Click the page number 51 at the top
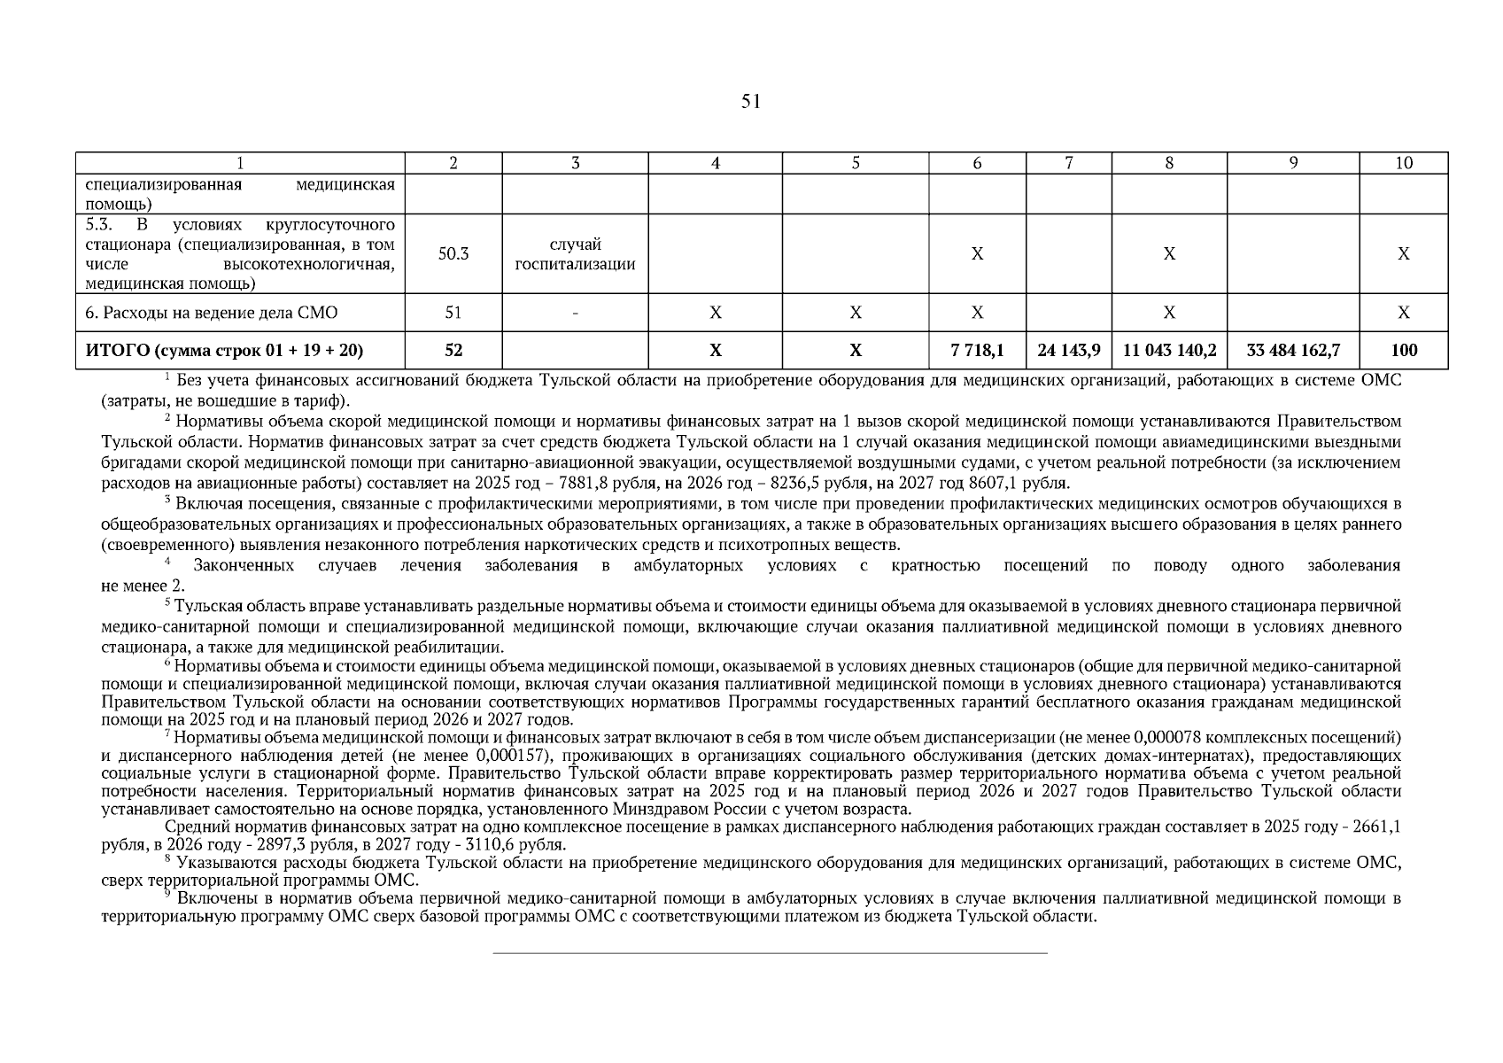(x=750, y=102)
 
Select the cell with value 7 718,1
(x=977, y=351)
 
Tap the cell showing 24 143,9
(x=1068, y=351)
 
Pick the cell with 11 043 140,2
(x=1169, y=351)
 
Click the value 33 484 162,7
(x=1292, y=351)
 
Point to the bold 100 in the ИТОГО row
(x=1404, y=351)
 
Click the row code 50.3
(x=453, y=254)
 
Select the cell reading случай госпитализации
(x=575, y=254)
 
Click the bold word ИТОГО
(x=118, y=351)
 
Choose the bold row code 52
(x=453, y=351)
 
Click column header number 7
(x=1068, y=163)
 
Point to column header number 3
(x=575, y=163)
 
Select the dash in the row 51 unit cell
(x=575, y=313)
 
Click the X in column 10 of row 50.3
(x=1404, y=254)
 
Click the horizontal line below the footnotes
(x=769, y=953)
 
